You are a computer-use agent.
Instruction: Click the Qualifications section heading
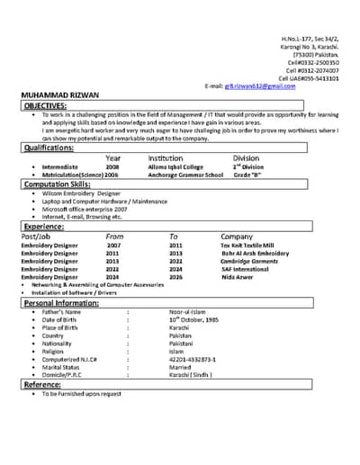[49, 148]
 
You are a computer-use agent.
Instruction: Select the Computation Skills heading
[58, 183]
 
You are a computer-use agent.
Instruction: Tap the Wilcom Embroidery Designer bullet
[82, 193]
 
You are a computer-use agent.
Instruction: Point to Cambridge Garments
[249, 261]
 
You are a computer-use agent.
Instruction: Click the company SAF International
[244, 269]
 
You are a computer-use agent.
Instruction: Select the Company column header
[237, 236]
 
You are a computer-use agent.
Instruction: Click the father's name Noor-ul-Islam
[187, 312]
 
